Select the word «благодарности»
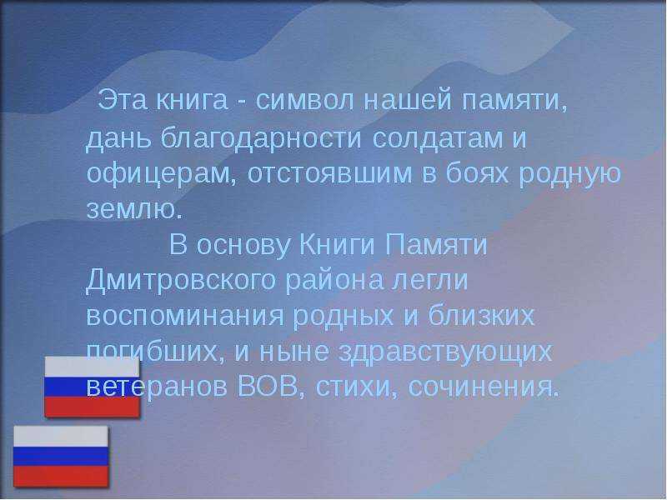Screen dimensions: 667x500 coord(261,137)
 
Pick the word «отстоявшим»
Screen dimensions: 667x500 coord(329,173)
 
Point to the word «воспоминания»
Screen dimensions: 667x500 coord(185,317)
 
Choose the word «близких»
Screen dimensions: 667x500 coord(481,316)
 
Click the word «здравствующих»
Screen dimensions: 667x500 coord(445,352)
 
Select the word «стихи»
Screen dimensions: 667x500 coord(353,387)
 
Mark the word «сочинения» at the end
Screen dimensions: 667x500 coord(483,387)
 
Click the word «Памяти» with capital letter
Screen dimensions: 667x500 coord(436,245)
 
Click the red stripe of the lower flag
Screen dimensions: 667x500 coord(61,476)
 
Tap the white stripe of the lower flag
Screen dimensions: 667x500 coord(61,437)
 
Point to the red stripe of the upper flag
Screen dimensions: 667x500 coord(93,407)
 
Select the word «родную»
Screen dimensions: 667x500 coord(570,174)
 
